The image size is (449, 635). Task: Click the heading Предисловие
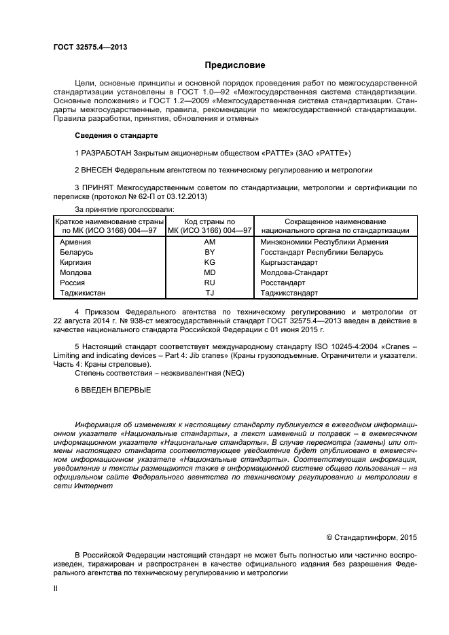pyautogui.click(x=234, y=66)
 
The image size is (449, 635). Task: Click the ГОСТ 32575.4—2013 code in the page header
pyautogui.click(x=90, y=46)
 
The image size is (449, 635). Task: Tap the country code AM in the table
pyautogui.click(x=209, y=242)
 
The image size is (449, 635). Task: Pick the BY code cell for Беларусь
pyautogui.click(x=209, y=252)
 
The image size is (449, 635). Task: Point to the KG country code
pyautogui.click(x=209, y=262)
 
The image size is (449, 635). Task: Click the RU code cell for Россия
pyautogui.click(x=209, y=283)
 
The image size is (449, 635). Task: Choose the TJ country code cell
pyautogui.click(x=209, y=293)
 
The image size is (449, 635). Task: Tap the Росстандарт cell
pyautogui.click(x=283, y=283)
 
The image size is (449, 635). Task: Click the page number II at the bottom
pyautogui.click(x=55, y=589)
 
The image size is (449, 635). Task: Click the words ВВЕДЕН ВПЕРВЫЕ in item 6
pyautogui.click(x=116, y=390)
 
